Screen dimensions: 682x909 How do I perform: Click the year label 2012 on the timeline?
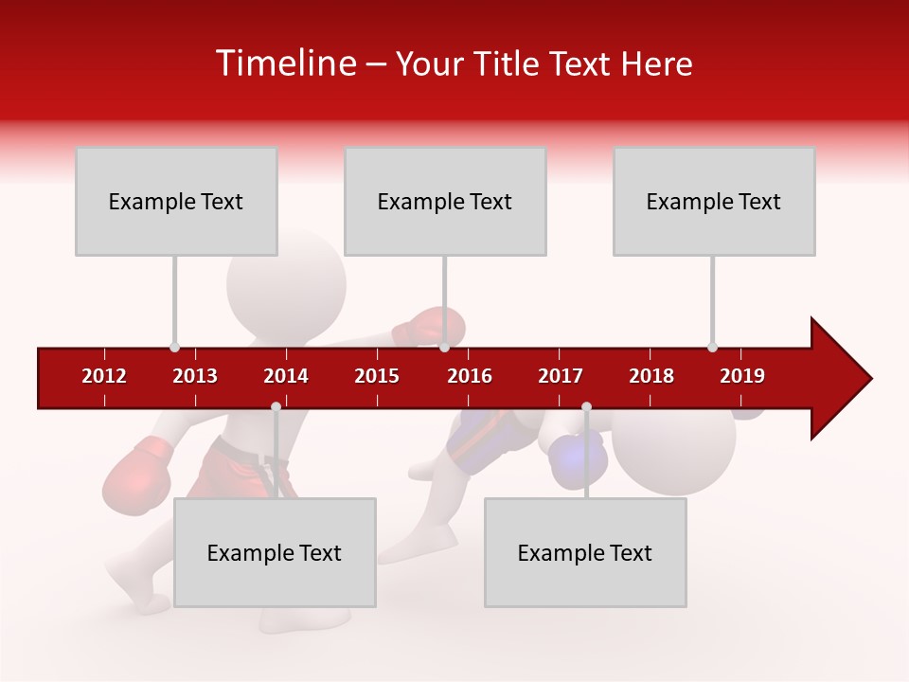[x=104, y=376]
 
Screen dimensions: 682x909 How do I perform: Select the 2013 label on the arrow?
[x=195, y=376]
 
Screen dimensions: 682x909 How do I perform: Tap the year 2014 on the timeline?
[x=286, y=376]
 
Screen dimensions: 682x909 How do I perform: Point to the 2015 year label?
[x=377, y=376]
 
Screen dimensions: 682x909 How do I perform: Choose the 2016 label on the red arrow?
[x=470, y=376]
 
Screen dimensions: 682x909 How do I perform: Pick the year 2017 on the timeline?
[x=561, y=376]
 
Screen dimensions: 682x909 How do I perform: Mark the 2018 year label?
[x=651, y=376]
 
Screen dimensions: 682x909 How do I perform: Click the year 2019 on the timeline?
[x=742, y=376]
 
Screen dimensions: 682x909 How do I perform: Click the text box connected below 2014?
[x=275, y=552]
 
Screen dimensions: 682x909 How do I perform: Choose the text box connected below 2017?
[x=585, y=552]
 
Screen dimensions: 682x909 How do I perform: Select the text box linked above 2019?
[x=714, y=201]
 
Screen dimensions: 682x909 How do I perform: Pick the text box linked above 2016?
[x=445, y=201]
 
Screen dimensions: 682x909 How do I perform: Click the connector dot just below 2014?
[x=276, y=407]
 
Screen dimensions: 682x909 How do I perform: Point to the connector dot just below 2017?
[x=586, y=407]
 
